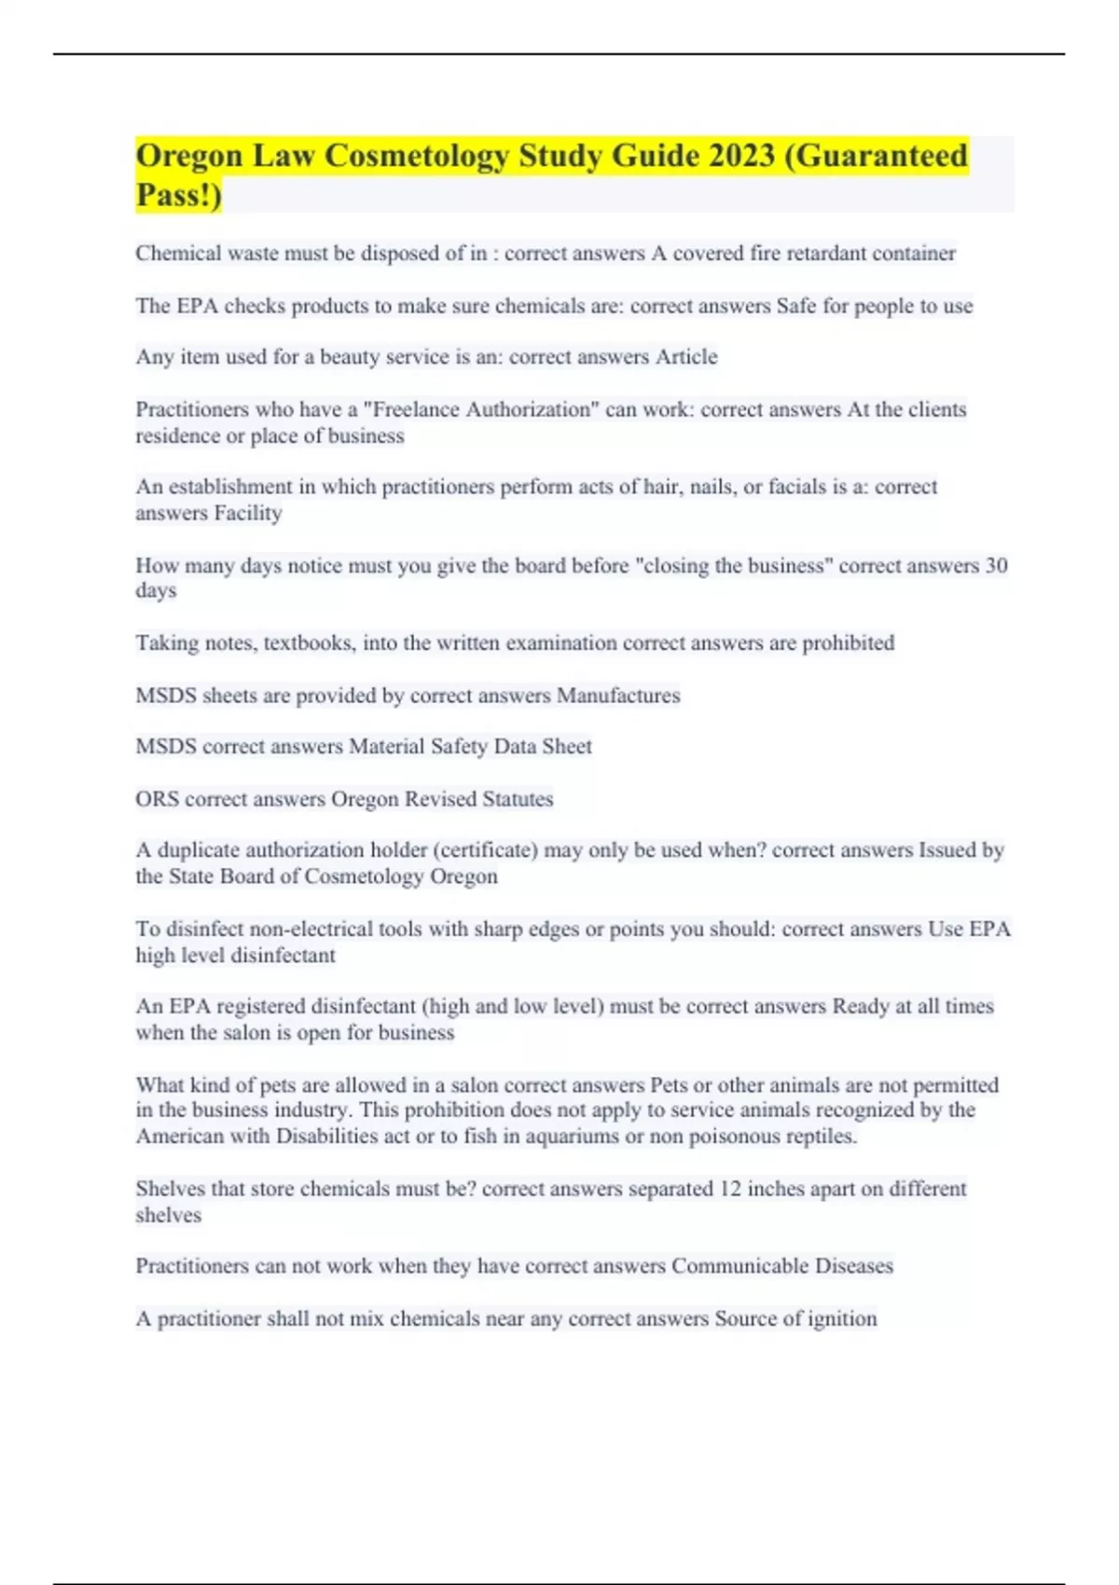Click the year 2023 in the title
(x=740, y=156)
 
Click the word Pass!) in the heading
(x=179, y=195)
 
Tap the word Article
(x=686, y=357)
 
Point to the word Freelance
(x=416, y=409)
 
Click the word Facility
(x=248, y=513)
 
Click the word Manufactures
(x=618, y=696)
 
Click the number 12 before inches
(x=730, y=1189)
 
